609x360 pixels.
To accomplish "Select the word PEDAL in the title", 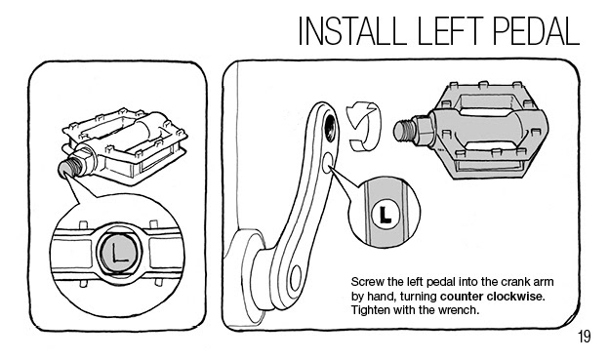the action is click(537, 30).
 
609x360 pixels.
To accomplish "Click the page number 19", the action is click(585, 337).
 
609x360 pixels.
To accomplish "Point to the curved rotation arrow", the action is click(365, 126).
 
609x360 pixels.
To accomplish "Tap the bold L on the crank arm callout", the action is click(385, 215).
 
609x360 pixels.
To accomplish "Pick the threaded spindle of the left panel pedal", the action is click(70, 167).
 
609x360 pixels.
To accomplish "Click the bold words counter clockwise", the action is click(493, 297).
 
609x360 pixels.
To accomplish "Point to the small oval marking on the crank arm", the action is click(327, 163).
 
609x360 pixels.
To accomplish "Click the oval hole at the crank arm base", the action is click(296, 278).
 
